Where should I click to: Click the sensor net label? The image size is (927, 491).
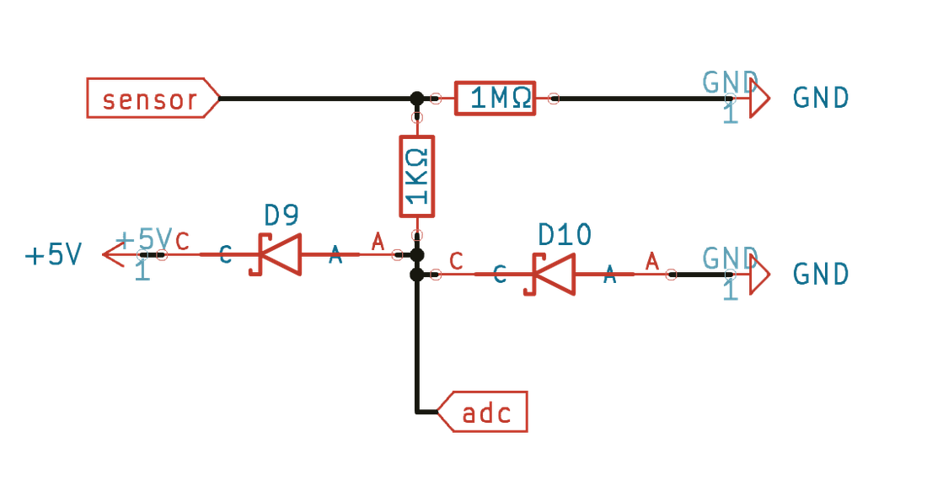(153, 98)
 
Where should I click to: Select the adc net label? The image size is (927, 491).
(482, 411)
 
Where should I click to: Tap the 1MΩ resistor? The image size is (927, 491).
(495, 98)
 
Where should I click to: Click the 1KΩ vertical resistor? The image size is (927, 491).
(417, 176)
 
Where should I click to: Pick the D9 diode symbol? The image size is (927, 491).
(276, 254)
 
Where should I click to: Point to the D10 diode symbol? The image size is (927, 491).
(550, 275)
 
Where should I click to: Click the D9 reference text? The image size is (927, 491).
(281, 216)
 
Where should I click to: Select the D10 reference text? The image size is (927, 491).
(565, 235)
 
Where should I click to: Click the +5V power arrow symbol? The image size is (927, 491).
(114, 254)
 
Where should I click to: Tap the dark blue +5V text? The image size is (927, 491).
(53, 254)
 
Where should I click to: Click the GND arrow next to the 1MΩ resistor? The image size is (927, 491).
(759, 98)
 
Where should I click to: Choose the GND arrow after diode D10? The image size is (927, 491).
(759, 275)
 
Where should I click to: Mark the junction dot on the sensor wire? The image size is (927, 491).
(417, 98)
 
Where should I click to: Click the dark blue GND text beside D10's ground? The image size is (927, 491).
(821, 275)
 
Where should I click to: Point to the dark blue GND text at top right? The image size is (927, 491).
(821, 98)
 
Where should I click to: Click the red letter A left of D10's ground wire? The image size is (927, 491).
(651, 260)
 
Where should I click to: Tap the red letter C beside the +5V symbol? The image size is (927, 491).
(182, 241)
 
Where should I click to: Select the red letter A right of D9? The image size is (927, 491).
(378, 241)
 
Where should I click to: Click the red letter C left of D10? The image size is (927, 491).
(456, 260)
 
